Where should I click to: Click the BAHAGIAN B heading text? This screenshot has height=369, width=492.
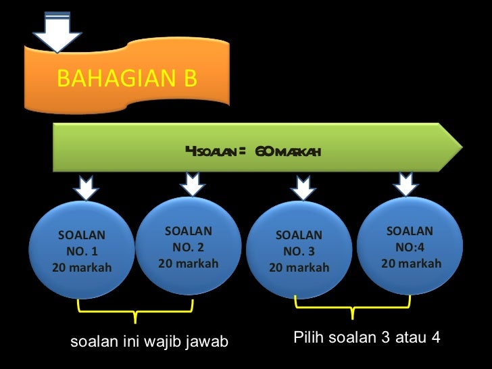(x=126, y=78)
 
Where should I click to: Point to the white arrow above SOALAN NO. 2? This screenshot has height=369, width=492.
(x=193, y=184)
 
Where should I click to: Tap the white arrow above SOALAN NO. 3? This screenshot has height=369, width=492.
(x=300, y=187)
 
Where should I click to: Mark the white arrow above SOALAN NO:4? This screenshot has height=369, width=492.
(x=406, y=184)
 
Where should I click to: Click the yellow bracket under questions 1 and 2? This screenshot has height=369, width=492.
(x=136, y=310)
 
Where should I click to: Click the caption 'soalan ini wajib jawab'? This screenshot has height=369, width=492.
(x=149, y=343)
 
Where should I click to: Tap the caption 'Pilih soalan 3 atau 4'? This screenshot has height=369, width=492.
(x=367, y=337)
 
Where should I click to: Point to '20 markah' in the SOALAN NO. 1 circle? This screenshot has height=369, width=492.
(x=82, y=268)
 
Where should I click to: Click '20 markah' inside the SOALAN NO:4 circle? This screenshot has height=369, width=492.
(x=411, y=263)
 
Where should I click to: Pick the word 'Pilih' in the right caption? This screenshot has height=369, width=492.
(x=308, y=337)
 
